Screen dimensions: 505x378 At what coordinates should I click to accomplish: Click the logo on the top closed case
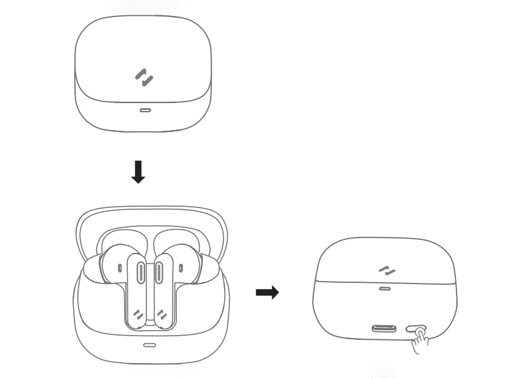pyautogui.click(x=144, y=77)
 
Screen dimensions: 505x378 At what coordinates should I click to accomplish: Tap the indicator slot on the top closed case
pyautogui.click(x=144, y=111)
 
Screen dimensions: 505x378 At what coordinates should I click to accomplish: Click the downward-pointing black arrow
pyautogui.click(x=139, y=172)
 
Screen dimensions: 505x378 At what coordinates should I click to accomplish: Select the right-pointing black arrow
pyautogui.click(x=267, y=293)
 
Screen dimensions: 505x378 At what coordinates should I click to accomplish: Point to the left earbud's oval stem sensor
pyautogui.click(x=140, y=270)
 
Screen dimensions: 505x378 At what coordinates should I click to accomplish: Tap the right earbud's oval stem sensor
pyautogui.click(x=159, y=270)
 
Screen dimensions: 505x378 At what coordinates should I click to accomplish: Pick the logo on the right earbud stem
pyautogui.click(x=162, y=315)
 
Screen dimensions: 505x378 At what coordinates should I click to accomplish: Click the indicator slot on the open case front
pyautogui.click(x=149, y=345)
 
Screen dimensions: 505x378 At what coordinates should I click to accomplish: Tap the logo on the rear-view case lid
pyautogui.click(x=386, y=270)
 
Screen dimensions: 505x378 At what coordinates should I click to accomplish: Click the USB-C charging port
pyautogui.click(x=383, y=328)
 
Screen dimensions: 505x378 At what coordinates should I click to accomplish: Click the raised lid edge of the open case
pyautogui.click(x=150, y=212)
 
